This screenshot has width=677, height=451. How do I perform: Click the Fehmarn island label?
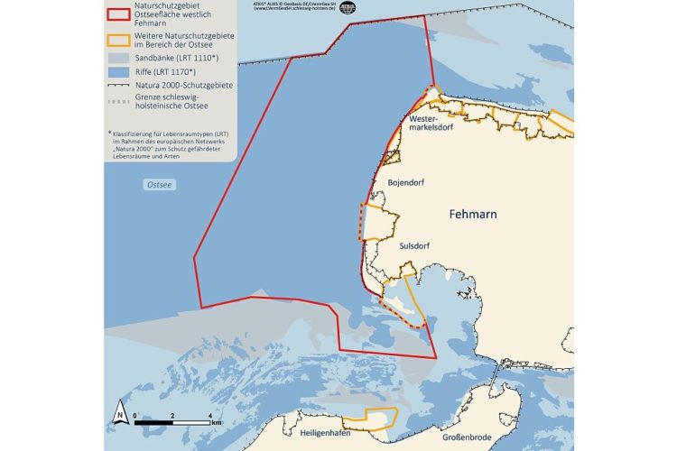(472, 214)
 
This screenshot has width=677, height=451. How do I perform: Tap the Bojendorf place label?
(405, 182)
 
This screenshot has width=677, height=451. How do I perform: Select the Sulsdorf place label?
(416, 244)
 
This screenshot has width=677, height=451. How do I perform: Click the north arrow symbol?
(119, 416)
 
